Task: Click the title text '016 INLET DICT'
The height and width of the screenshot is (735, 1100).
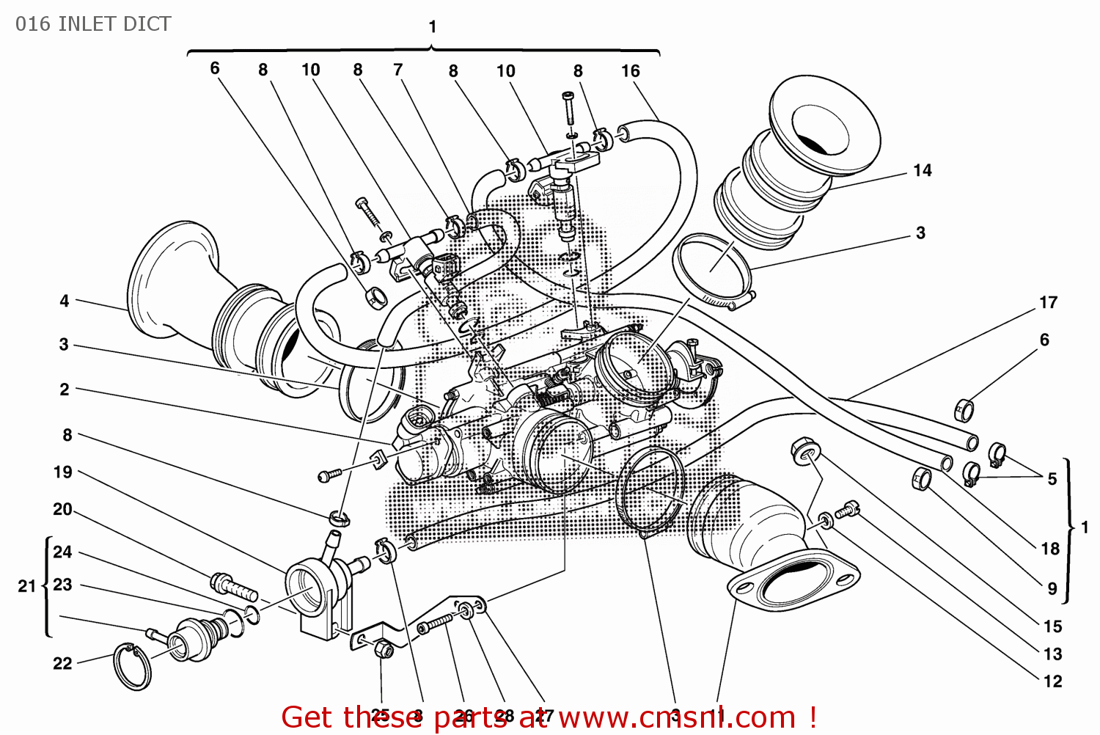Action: [93, 24]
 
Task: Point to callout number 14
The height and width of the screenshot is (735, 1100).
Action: [922, 171]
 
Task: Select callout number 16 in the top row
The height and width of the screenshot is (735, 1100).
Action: [630, 71]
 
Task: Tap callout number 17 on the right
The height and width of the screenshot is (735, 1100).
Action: [1048, 302]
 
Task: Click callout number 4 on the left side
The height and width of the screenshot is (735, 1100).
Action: [65, 301]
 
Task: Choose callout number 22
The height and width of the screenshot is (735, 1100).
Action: [62, 663]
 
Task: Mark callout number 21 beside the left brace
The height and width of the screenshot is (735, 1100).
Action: [26, 586]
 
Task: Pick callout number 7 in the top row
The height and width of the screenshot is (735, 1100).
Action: [397, 70]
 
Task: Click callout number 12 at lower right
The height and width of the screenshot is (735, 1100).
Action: [1052, 681]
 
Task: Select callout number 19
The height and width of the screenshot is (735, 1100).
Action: [63, 472]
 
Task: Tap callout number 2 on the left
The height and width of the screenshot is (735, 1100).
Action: [65, 390]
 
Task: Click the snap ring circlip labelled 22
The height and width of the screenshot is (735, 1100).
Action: [132, 666]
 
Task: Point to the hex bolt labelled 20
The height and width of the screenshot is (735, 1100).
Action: [233, 587]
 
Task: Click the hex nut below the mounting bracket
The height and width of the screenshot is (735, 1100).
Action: [381, 649]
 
